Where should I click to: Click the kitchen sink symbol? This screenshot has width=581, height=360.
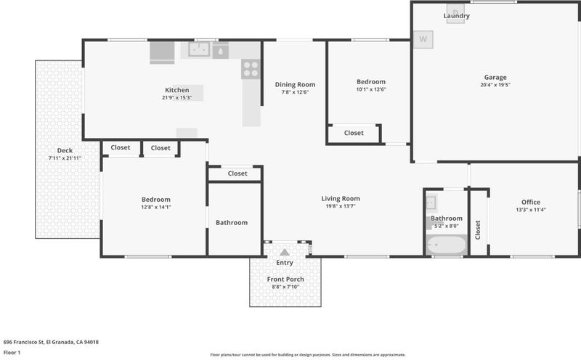tap(199, 49)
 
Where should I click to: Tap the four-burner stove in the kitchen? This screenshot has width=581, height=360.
tap(251, 69)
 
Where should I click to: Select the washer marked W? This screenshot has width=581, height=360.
tap(423, 39)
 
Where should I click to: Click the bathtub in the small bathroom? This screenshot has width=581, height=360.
tap(446, 245)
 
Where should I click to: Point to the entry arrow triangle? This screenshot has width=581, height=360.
tap(284, 253)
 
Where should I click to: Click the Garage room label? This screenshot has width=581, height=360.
tap(495, 78)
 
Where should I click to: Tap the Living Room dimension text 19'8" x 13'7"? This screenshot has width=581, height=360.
tap(341, 206)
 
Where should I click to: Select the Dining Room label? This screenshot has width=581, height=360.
tap(295, 84)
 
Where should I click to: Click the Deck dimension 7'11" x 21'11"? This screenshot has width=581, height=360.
tap(65, 158)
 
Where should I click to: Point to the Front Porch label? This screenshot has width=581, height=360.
tap(285, 279)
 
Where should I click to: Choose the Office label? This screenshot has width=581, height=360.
tap(531, 202)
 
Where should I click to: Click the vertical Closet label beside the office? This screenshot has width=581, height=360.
tap(478, 230)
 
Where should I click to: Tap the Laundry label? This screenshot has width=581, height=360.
tap(457, 15)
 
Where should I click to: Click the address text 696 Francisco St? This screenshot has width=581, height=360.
tap(24, 343)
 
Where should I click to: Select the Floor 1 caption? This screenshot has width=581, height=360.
tap(12, 353)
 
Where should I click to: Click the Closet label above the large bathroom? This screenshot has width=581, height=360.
tap(237, 173)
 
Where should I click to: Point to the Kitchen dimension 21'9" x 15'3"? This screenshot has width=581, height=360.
tap(176, 98)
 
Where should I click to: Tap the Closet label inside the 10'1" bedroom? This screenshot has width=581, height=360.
tap(354, 133)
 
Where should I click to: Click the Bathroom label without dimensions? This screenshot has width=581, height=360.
tap(232, 223)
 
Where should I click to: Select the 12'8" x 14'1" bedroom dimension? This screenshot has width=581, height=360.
tap(156, 207)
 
